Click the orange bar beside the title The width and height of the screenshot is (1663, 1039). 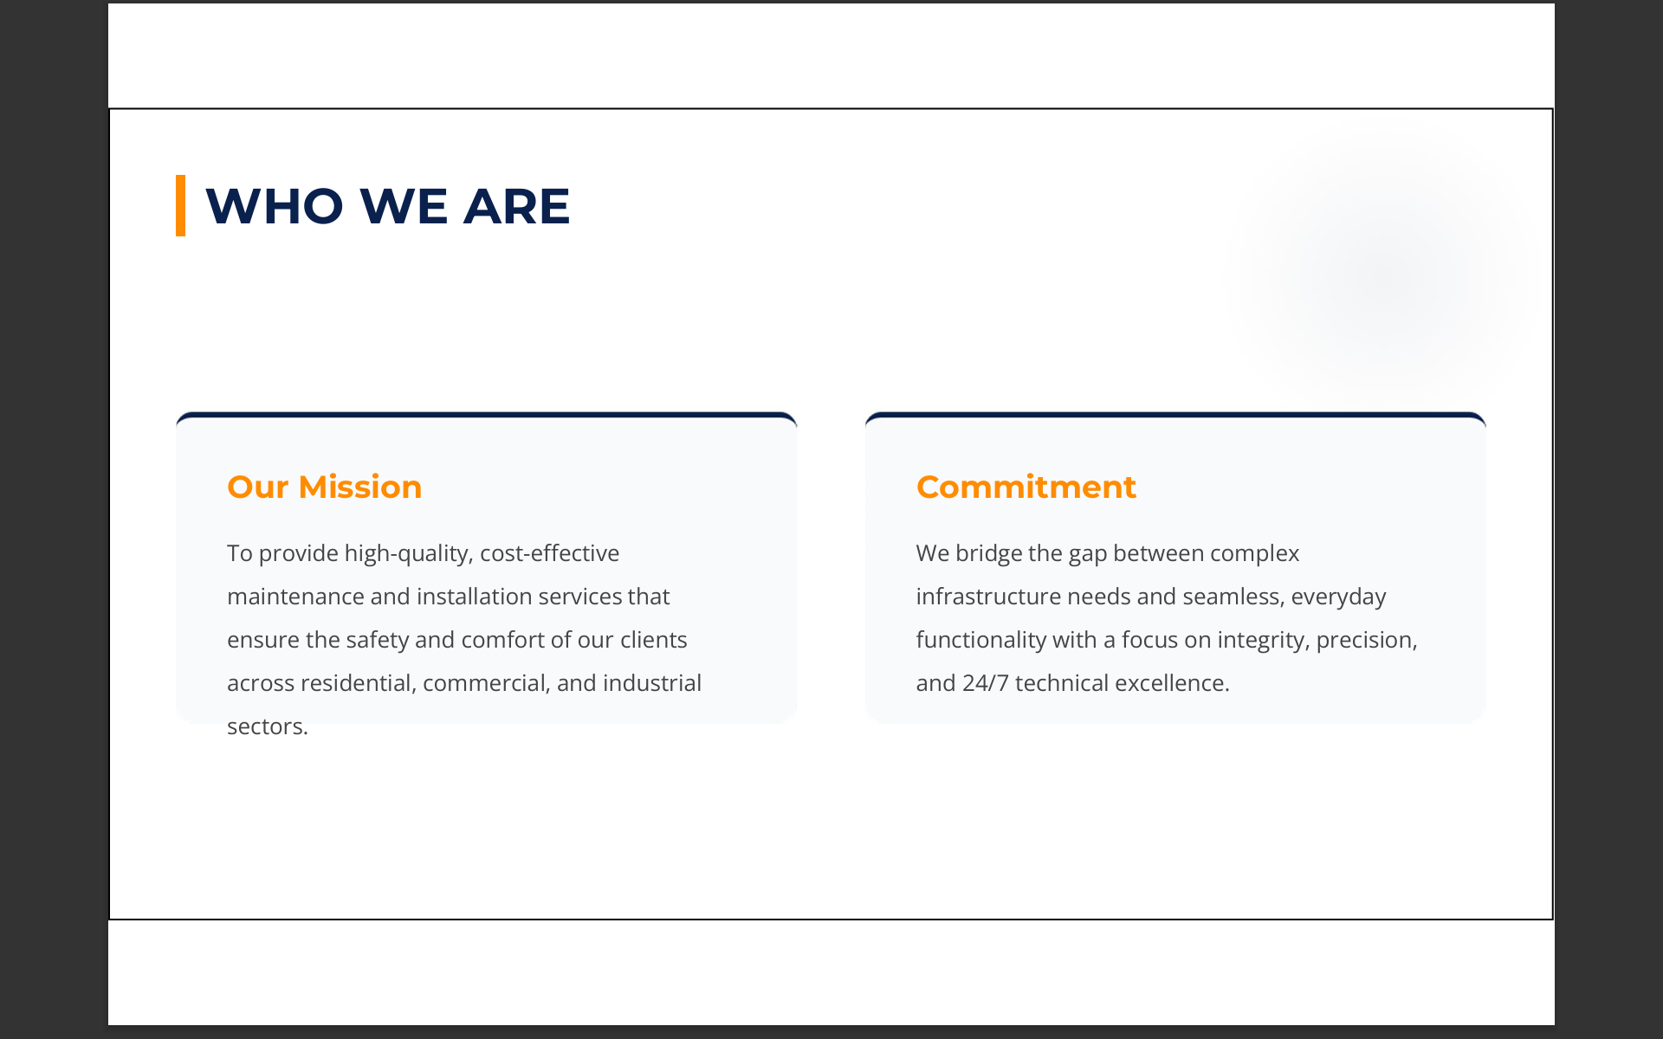(x=180, y=205)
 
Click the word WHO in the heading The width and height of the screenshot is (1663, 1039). (x=275, y=206)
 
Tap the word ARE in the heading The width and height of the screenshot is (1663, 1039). (x=516, y=206)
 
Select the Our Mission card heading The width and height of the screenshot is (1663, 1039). (x=324, y=487)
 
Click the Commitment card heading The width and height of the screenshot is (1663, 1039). (x=1026, y=487)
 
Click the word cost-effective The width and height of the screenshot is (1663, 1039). (x=550, y=553)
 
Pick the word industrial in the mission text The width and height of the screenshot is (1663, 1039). (x=652, y=683)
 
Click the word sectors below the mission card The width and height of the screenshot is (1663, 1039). (x=267, y=726)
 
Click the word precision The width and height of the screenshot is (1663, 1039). (x=1367, y=640)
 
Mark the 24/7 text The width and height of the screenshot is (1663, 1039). (x=986, y=683)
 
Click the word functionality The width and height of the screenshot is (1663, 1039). (x=981, y=640)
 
